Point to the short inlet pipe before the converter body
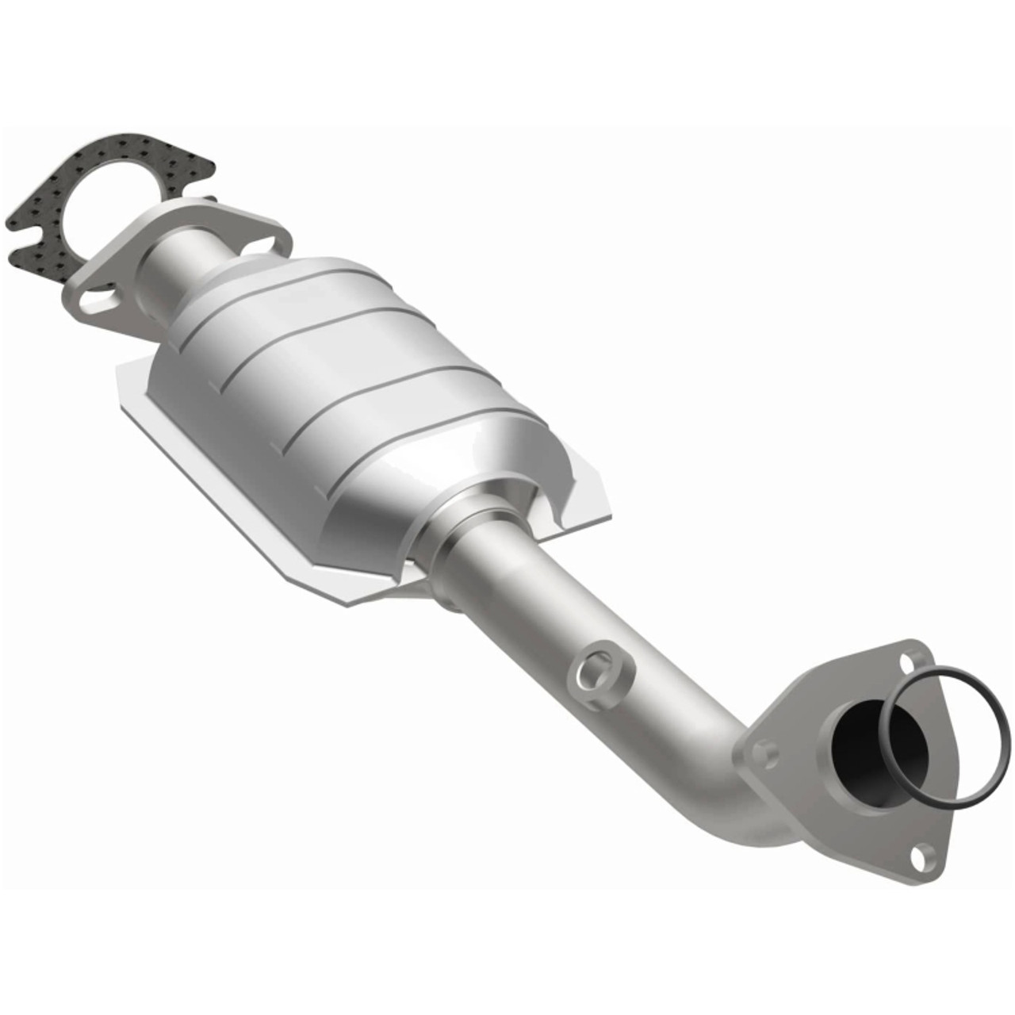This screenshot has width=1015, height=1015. click(x=178, y=274)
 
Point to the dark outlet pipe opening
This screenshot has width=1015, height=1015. click(x=860, y=741)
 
